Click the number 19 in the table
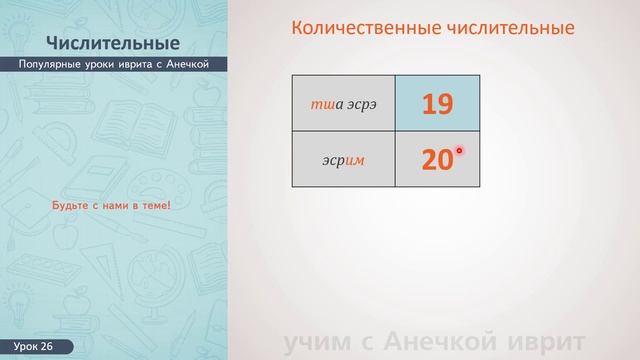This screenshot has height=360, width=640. coord(436,103)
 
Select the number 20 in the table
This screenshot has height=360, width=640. coord(436,160)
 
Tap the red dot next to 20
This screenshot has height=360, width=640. coord(460,151)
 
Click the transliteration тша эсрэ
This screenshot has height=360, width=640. coord(343,103)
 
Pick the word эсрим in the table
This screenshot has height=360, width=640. coord(343,160)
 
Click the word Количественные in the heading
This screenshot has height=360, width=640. coord(357,28)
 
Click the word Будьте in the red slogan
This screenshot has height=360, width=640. coord(71,206)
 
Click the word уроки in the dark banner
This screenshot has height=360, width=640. coord(100,64)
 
